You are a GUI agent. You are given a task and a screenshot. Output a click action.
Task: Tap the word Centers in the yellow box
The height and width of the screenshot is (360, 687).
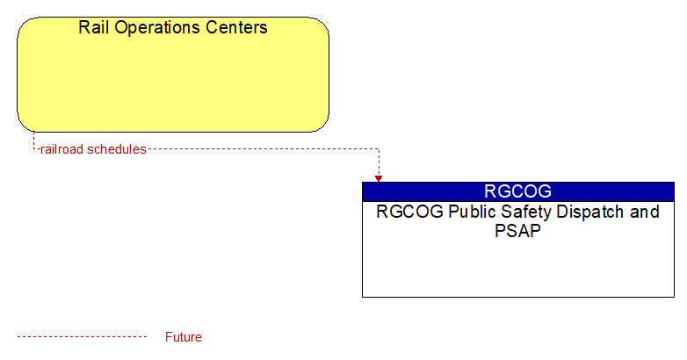236,27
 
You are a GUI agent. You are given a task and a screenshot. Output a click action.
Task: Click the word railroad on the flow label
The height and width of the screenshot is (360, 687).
62,149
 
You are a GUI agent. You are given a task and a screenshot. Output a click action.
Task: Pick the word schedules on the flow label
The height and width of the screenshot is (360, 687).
117,149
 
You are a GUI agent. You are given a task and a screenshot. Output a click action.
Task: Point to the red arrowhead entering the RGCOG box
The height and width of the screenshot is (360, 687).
379,179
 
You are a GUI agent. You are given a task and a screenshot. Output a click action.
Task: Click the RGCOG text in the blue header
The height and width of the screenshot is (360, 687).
517,191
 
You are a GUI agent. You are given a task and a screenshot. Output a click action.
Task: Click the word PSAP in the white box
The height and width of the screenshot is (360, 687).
517,231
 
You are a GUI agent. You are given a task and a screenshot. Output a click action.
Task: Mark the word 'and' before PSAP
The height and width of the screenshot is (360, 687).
645,212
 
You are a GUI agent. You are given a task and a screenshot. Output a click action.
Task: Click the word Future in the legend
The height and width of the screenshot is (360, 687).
183,337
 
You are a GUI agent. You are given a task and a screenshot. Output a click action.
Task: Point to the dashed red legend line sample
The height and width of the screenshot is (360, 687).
82,337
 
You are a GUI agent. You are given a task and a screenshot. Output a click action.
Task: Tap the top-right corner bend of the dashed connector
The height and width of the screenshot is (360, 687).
379,149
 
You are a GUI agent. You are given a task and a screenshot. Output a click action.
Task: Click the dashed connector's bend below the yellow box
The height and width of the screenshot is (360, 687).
33,149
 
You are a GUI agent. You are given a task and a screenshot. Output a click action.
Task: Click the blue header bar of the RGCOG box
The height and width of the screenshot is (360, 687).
517,191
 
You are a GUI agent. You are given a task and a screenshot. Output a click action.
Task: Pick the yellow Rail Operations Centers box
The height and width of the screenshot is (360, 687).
173,75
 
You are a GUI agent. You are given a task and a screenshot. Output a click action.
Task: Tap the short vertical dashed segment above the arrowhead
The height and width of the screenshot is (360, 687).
379,162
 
